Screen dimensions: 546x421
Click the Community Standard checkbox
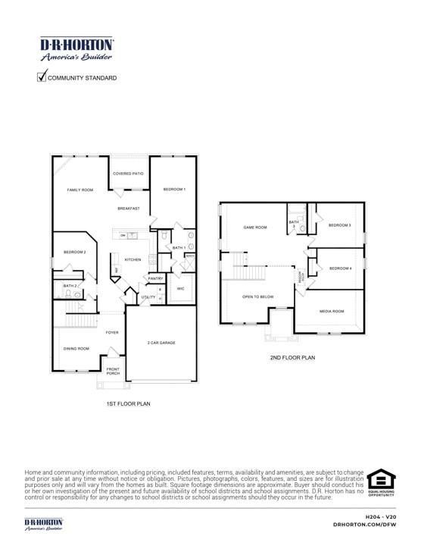pos(42,77)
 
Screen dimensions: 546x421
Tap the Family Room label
pos(80,190)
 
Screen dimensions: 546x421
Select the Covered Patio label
pos(128,174)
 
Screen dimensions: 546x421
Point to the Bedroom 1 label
pos(174,189)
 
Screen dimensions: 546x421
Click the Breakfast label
pos(128,209)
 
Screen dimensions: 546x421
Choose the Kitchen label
pos(133,259)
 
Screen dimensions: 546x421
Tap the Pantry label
pos(155,278)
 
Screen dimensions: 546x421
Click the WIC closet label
pos(180,289)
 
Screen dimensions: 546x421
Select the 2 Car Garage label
pos(161,343)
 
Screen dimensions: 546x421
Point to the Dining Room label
pos(76,348)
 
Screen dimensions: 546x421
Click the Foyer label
pos(112,332)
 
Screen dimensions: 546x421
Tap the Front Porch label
pos(113,371)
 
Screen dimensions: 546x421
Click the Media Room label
pos(332,311)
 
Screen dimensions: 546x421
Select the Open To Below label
pos(257,297)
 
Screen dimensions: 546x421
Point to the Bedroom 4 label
pos(340,268)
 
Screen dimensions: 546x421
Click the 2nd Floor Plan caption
pos(292,357)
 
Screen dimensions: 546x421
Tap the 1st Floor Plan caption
pos(127,404)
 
